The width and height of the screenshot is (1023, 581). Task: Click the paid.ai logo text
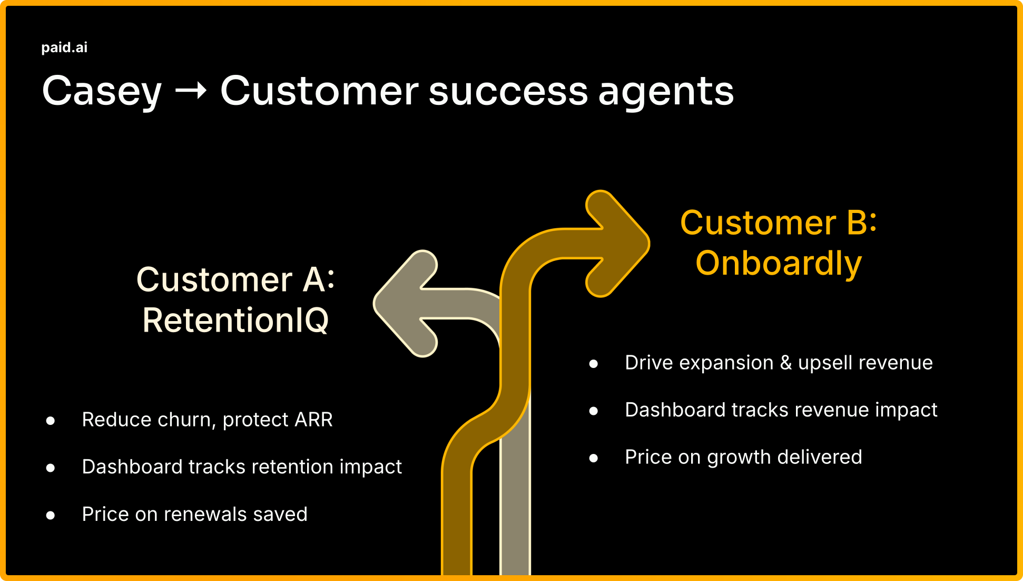[x=64, y=47]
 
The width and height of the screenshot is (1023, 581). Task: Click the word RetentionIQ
[x=235, y=320]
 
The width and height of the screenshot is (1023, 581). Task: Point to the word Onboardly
[x=778, y=263]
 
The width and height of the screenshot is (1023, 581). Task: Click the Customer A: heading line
[x=235, y=279]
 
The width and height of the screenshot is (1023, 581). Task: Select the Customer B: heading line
[x=778, y=222]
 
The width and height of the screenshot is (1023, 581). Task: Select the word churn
[x=186, y=420]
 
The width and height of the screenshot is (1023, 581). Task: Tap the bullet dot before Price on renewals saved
[x=51, y=515]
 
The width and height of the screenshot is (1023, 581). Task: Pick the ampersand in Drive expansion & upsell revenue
[x=785, y=363]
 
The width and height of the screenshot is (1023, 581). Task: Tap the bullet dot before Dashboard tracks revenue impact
[x=594, y=411]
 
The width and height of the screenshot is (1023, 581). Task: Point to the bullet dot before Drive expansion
[x=594, y=363]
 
